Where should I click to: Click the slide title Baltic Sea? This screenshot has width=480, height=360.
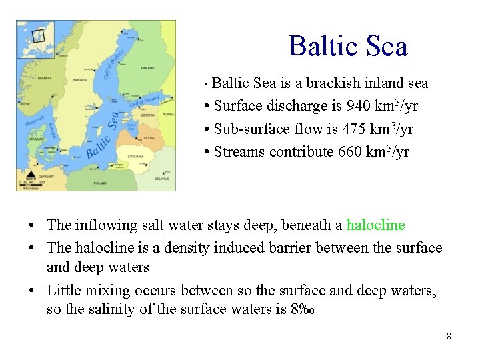347,47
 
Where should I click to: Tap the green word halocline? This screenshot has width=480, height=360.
375,225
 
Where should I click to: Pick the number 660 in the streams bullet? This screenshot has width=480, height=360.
350,152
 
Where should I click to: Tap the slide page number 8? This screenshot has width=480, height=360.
449,336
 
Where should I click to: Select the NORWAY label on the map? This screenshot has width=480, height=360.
45,79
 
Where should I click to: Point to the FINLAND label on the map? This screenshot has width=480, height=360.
147,69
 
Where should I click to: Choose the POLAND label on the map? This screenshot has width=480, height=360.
100,181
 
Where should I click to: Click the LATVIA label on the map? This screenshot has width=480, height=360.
149,138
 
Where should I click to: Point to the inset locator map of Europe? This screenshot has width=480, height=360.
35,39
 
